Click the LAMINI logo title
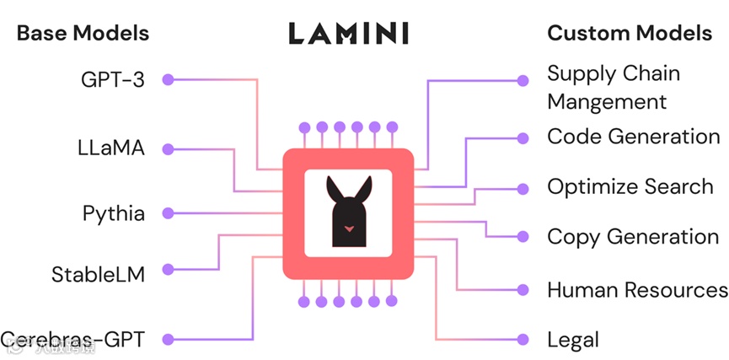point(348,34)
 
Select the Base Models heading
point(83,34)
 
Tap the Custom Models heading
point(630,34)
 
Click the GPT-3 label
point(114,80)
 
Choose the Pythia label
point(114,213)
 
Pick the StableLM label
point(98,274)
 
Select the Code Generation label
point(634,137)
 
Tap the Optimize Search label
point(630,186)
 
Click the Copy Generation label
point(633,237)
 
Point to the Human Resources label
point(637,290)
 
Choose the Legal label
point(573,340)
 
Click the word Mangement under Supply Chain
point(607,102)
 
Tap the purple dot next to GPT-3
point(168,80)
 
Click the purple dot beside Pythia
point(168,213)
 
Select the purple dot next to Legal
point(523,340)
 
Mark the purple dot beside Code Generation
point(523,137)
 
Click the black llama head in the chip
point(347,211)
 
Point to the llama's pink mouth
point(347,228)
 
